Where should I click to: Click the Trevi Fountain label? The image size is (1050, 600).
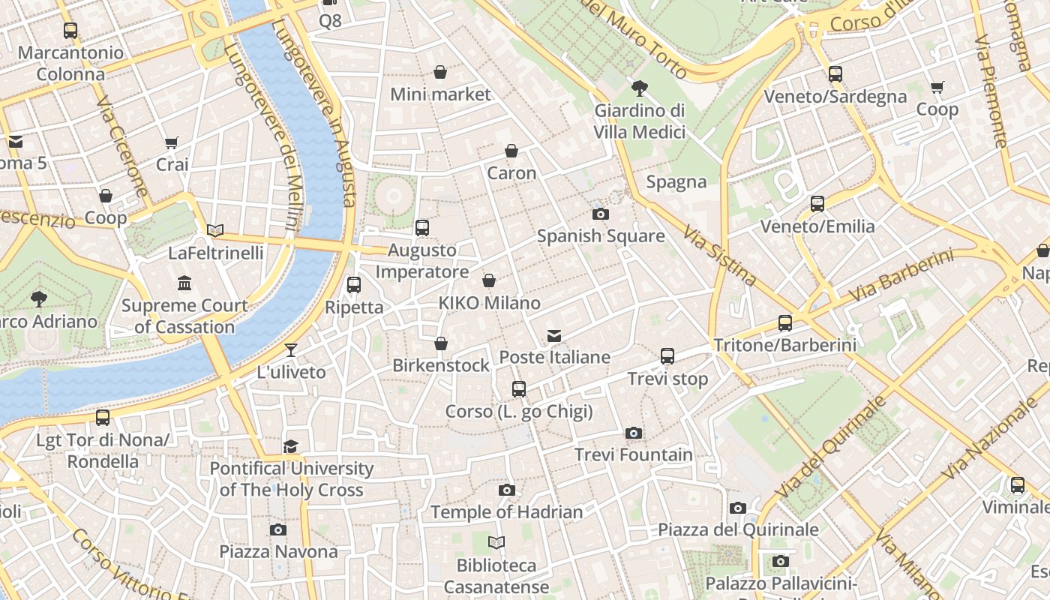pyautogui.click(x=634, y=454)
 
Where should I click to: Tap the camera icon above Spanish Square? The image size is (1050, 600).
pyautogui.click(x=600, y=214)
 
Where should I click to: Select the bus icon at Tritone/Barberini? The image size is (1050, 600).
pyautogui.click(x=785, y=323)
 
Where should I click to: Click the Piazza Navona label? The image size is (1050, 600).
pyautogui.click(x=278, y=551)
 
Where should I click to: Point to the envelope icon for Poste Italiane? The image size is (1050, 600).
pyautogui.click(x=554, y=336)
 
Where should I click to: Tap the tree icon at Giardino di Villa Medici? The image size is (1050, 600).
pyautogui.click(x=639, y=89)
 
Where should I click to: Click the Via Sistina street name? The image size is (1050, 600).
pyautogui.click(x=720, y=255)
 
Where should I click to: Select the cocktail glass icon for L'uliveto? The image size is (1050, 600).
pyautogui.click(x=291, y=350)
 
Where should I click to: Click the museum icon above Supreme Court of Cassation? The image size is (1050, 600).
pyautogui.click(x=184, y=283)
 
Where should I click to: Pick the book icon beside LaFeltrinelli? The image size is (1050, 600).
pyautogui.click(x=215, y=231)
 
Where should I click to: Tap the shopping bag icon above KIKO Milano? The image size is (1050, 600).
pyautogui.click(x=489, y=281)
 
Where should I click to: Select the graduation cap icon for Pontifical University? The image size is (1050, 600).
pyautogui.click(x=291, y=447)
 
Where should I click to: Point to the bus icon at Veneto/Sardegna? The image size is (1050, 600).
pyautogui.click(x=835, y=74)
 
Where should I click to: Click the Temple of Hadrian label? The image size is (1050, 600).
pyautogui.click(x=506, y=512)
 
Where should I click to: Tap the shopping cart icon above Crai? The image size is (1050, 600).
pyautogui.click(x=172, y=142)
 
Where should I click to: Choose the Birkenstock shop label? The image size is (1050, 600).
pyautogui.click(x=441, y=365)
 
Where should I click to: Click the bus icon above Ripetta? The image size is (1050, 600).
pyautogui.click(x=354, y=285)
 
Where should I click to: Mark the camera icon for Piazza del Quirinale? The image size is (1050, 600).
pyautogui.click(x=738, y=508)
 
